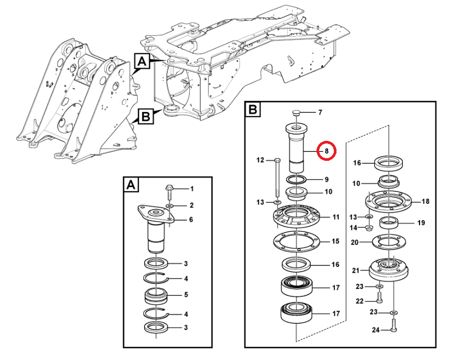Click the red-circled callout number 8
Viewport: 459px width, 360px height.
click(x=327, y=151)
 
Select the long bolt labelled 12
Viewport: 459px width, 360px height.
click(x=278, y=178)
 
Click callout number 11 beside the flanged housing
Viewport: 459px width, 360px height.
click(x=336, y=217)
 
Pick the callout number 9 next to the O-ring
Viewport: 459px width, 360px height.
click(x=327, y=179)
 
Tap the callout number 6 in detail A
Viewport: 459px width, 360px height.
click(x=191, y=220)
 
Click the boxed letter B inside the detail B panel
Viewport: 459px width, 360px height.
click(x=252, y=110)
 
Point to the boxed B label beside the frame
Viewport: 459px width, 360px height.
click(x=146, y=116)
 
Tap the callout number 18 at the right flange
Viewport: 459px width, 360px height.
click(x=425, y=201)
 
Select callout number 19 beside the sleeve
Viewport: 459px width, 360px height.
click(x=421, y=223)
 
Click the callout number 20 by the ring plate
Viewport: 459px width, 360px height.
click(x=354, y=242)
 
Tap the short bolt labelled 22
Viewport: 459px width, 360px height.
click(x=380, y=298)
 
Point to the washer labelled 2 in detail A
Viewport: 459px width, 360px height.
click(x=169, y=206)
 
